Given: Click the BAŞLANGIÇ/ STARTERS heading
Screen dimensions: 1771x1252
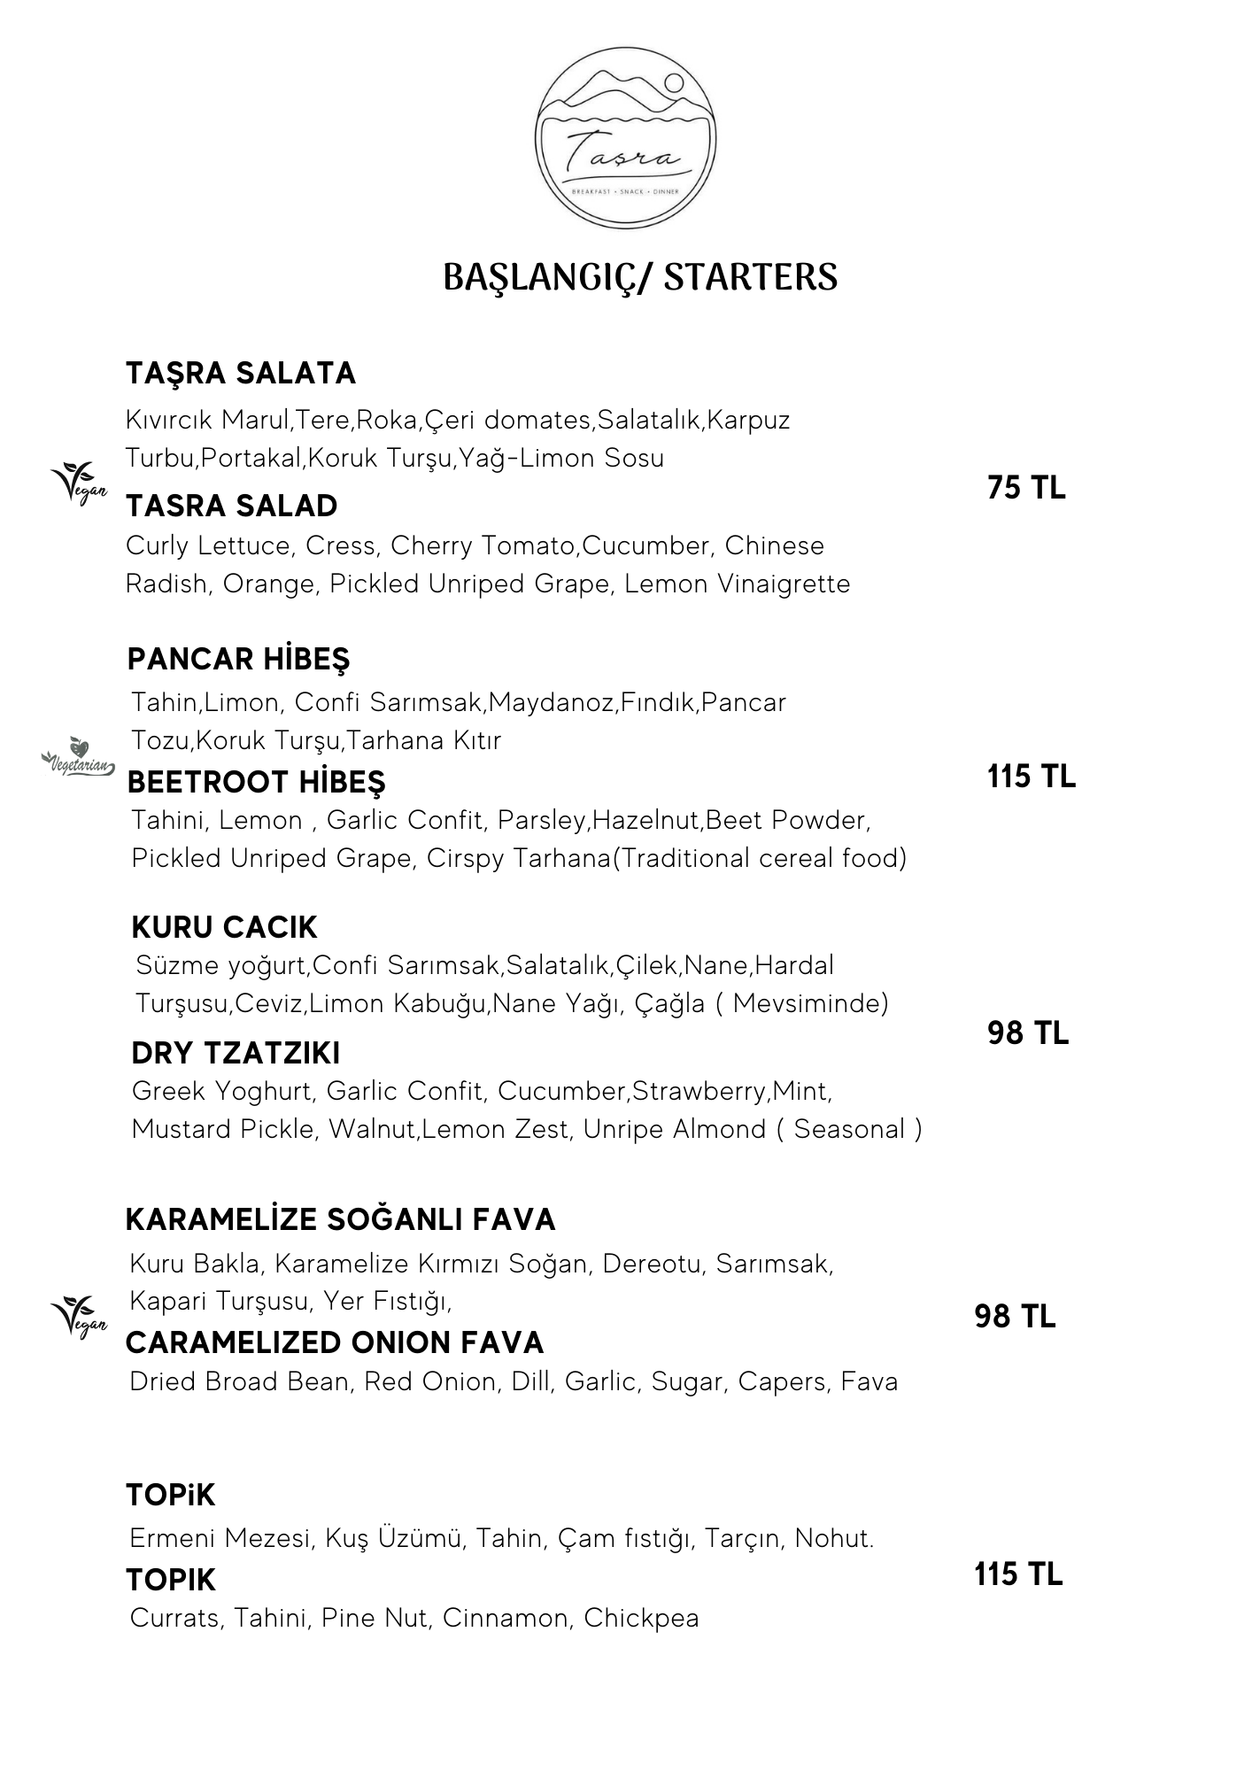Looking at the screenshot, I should [x=639, y=277].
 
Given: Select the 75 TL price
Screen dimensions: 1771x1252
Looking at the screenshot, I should [x=1026, y=488].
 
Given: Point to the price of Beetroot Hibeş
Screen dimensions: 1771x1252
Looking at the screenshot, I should [x=1031, y=777].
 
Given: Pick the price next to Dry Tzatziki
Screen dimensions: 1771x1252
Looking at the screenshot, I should [x=1028, y=1032].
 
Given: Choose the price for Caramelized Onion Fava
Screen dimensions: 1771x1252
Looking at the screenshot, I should [x=1015, y=1317].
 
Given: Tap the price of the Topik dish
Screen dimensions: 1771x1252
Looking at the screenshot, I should [x=1018, y=1574].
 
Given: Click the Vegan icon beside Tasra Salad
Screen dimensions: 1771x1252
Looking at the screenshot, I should [x=79, y=483].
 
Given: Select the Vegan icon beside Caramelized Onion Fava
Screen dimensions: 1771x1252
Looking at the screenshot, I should [x=79, y=1317].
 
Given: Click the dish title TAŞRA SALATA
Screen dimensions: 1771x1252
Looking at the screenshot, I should [x=241, y=374].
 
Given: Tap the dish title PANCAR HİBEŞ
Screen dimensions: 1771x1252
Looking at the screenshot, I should [x=238, y=660].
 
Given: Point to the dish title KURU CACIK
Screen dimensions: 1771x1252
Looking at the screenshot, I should [x=224, y=927].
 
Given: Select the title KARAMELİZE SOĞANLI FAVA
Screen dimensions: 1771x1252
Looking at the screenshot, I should [x=340, y=1219].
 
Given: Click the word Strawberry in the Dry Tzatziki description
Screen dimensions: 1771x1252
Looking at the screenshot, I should [x=699, y=1091].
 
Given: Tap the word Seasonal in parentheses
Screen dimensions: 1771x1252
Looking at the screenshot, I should [x=849, y=1130].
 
